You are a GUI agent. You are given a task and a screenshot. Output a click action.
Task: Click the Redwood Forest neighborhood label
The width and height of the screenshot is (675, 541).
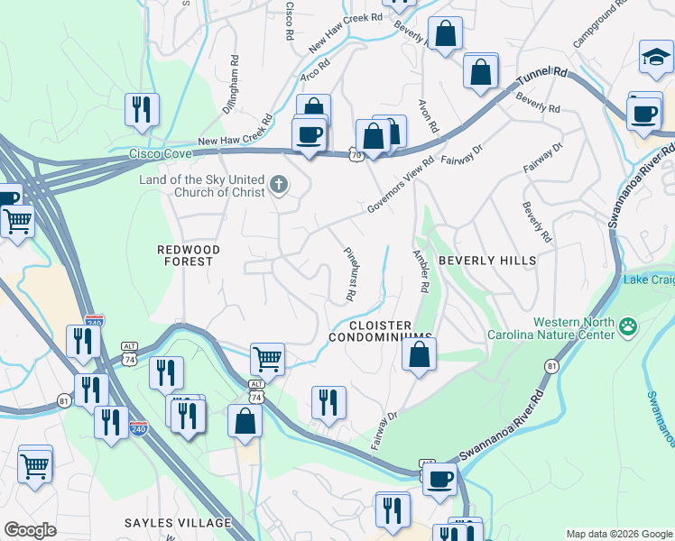click(184, 254)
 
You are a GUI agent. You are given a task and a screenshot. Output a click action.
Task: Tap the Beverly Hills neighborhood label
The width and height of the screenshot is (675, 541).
click(487, 261)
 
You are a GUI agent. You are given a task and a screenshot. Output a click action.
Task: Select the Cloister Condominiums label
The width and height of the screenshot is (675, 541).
click(380, 331)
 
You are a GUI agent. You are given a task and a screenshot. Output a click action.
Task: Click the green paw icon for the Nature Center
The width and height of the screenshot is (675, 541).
click(628, 326)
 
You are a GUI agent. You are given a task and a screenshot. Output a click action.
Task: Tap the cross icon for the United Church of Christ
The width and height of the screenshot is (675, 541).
click(280, 186)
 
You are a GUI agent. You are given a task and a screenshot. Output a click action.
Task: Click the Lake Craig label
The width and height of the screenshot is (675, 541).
click(648, 280)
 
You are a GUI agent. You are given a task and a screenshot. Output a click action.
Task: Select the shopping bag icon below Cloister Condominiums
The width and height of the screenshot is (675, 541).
click(420, 353)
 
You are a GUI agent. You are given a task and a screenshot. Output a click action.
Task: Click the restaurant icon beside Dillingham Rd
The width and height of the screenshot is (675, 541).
click(143, 110)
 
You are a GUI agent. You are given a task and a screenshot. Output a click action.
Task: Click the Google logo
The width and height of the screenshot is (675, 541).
click(30, 529)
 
